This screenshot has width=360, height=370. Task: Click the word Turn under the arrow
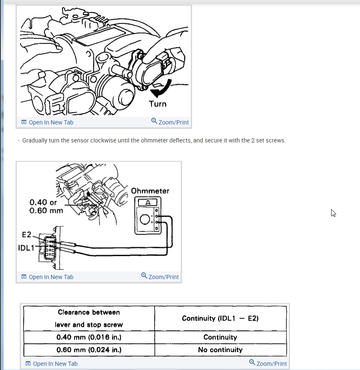point(158,104)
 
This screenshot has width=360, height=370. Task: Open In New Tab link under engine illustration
point(47,122)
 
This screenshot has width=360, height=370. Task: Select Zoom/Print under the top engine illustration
point(170,122)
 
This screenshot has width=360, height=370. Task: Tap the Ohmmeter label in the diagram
point(150,191)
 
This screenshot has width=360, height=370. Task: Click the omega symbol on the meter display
point(148,202)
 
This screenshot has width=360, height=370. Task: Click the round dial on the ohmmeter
point(145,220)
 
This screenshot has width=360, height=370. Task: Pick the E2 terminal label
point(27,235)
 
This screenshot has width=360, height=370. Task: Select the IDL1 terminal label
point(26,248)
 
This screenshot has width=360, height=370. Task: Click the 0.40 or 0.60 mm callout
point(46,206)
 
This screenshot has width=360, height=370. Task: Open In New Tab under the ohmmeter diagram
point(47,277)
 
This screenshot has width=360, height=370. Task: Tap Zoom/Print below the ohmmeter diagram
point(160,276)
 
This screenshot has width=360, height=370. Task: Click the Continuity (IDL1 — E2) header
point(220,318)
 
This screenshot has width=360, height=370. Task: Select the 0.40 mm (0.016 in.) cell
point(89,337)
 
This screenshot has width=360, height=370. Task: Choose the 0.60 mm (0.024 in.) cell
point(89,350)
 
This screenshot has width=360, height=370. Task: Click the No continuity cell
point(220,350)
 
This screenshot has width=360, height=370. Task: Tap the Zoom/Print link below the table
point(268,363)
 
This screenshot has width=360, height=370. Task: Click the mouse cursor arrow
point(333,213)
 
